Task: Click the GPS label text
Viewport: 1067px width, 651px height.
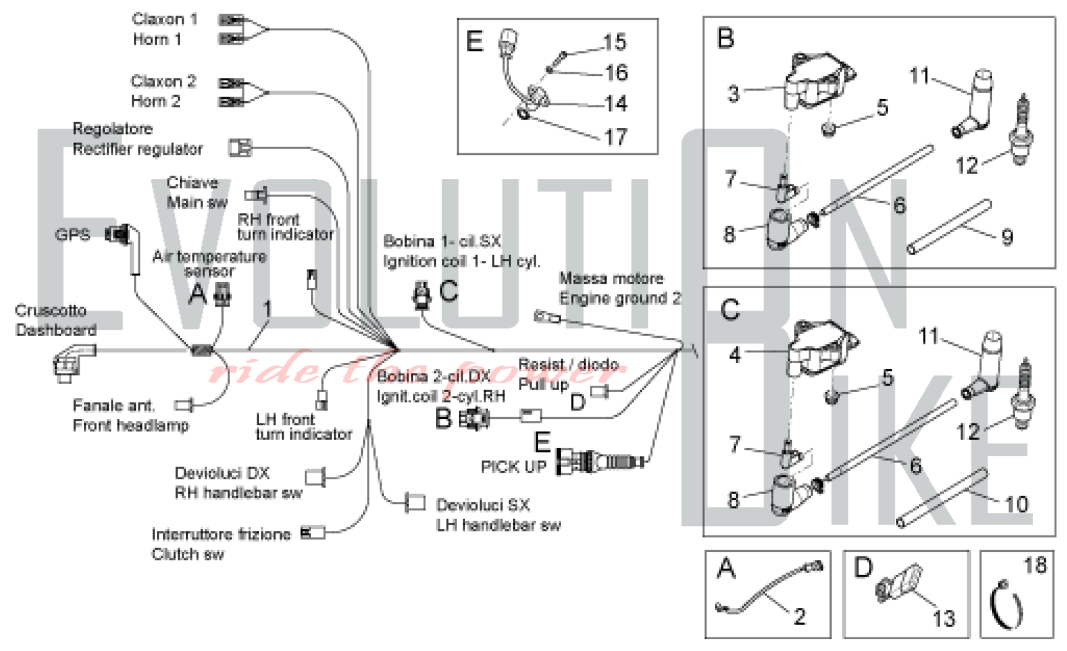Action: (x=73, y=235)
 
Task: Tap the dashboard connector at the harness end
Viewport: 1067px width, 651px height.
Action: (x=70, y=363)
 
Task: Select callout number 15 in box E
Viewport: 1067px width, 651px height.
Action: (x=615, y=42)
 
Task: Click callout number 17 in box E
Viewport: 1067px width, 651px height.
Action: (x=616, y=137)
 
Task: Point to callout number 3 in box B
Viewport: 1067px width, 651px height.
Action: (x=734, y=94)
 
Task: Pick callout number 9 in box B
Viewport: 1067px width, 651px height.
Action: (x=1007, y=237)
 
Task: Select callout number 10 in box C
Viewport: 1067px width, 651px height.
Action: (x=1016, y=504)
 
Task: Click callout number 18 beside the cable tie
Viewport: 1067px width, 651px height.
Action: (x=1035, y=566)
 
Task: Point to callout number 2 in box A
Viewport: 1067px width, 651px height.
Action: (x=799, y=617)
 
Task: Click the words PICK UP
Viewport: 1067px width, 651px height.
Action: (x=514, y=467)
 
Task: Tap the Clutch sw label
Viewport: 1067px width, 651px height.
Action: (x=188, y=554)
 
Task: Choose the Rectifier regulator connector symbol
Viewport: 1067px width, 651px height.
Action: (x=240, y=147)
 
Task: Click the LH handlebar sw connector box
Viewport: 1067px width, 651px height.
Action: (x=415, y=503)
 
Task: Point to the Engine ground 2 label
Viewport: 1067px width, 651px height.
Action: (x=619, y=298)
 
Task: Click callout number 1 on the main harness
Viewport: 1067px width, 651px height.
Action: (x=267, y=308)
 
